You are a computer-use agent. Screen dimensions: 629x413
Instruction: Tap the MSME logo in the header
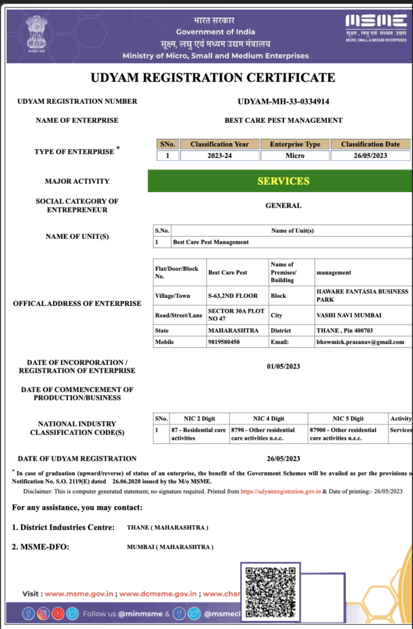(376, 27)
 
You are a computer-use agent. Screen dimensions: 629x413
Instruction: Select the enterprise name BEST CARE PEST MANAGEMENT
(283, 120)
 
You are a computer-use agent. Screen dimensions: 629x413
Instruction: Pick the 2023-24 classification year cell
(219, 156)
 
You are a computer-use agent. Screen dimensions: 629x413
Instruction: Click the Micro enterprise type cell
(295, 156)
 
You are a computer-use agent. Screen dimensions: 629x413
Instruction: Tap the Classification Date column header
(370, 144)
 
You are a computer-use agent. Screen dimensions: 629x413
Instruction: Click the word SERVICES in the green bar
(283, 181)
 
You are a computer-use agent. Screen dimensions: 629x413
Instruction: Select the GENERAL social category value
(283, 206)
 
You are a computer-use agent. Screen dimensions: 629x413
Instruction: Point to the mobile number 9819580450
(224, 342)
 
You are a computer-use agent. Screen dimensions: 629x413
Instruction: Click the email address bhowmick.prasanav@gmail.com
(360, 342)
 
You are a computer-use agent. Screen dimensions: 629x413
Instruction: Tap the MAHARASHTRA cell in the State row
(229, 330)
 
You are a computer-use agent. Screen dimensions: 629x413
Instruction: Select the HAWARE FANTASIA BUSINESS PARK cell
(361, 295)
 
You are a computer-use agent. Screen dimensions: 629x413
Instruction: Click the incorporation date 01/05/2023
(283, 367)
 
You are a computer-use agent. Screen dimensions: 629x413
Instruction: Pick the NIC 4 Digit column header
(269, 418)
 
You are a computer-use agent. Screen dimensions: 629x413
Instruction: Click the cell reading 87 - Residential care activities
(198, 434)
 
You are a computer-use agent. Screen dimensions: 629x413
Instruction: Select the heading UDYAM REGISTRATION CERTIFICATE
(213, 77)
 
